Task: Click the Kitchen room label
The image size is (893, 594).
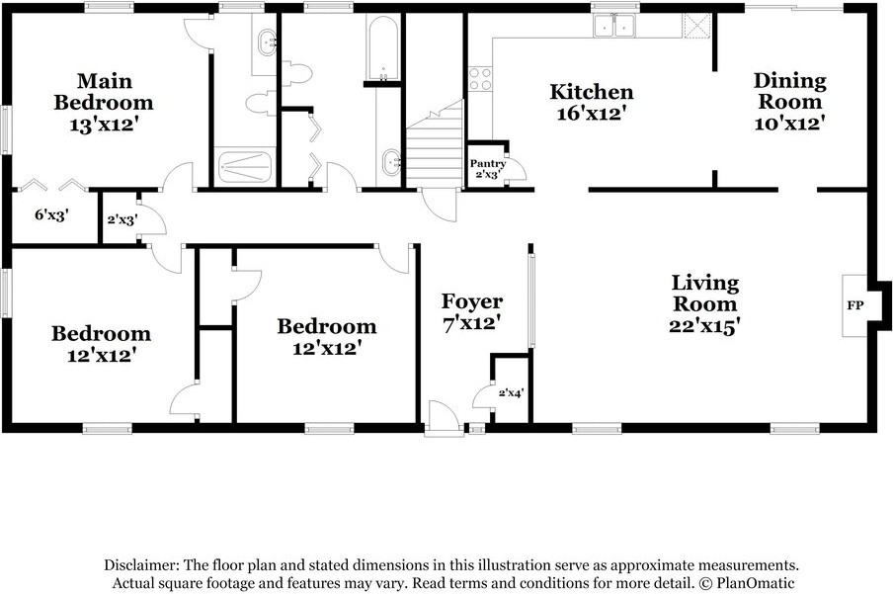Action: tap(591, 92)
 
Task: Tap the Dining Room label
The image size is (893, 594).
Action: tap(788, 91)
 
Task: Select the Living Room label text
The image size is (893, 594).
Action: tap(704, 294)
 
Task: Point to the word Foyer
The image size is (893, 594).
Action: tap(471, 301)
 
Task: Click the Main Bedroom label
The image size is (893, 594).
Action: tap(104, 91)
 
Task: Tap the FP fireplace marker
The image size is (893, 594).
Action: tap(854, 305)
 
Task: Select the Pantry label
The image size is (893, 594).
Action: tap(487, 164)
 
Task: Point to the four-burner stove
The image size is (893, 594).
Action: tap(480, 79)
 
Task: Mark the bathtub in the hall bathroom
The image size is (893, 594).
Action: tap(381, 46)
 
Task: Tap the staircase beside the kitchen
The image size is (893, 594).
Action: tap(436, 148)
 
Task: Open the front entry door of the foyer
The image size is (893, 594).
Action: tap(444, 419)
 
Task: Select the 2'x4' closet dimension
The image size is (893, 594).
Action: tap(510, 393)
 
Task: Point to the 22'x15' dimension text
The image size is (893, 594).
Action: tap(704, 324)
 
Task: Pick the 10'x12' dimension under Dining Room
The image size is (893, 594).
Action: tap(788, 123)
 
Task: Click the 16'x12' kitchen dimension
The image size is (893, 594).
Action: tap(591, 113)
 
